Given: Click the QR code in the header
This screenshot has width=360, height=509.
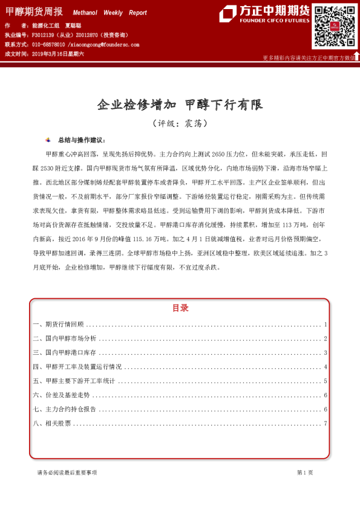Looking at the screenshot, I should coord(334,27).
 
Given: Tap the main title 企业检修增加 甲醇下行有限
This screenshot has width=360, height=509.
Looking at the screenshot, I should coord(180,105).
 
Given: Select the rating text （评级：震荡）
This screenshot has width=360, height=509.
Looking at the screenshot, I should coord(180,123).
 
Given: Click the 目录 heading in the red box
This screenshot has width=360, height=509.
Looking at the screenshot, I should coord(180,308).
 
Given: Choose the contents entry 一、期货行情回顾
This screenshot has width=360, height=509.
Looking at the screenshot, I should coord(58,325).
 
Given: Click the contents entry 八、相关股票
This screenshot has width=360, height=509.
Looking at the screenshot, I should coord(51,423).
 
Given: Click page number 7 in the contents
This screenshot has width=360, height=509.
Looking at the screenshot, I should coord(326,423).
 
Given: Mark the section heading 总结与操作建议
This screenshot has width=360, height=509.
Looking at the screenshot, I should coord(80,140).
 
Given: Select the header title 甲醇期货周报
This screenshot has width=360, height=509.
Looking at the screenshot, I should coord(33,12).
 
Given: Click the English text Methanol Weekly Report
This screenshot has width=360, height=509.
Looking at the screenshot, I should coord(110,13).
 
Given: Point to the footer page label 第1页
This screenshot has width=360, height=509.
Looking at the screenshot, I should coord(305,472).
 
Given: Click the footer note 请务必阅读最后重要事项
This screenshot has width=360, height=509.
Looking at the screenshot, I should coord(67,472).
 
